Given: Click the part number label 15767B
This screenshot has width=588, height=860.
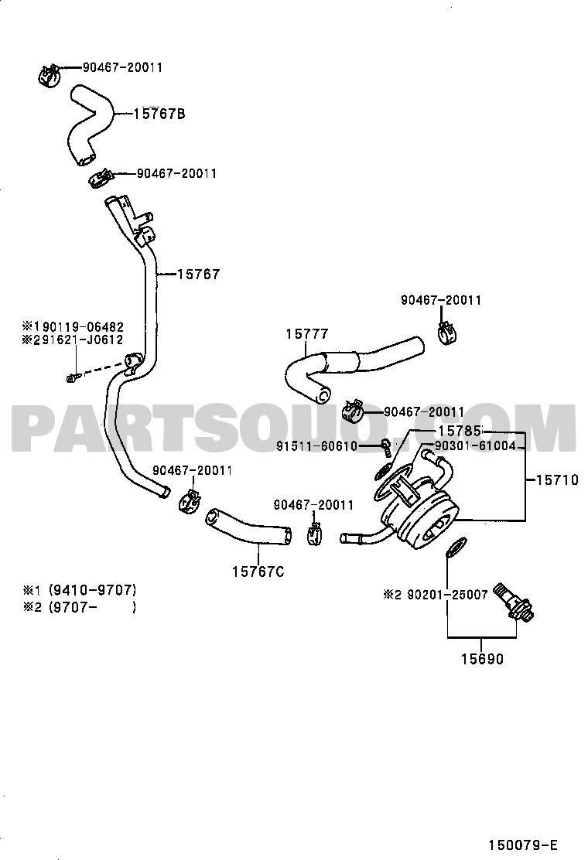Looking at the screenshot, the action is tap(159, 114).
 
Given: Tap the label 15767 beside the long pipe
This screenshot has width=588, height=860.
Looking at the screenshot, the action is tap(199, 274).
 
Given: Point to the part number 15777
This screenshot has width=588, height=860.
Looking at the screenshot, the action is tap(306, 333).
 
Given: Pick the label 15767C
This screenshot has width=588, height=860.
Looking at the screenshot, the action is tap(258, 572).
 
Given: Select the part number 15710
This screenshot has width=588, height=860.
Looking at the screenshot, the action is tap(557, 480).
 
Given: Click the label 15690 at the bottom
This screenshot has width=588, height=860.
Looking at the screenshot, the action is tap(481, 659).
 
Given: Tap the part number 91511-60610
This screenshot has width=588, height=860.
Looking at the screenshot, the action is tap(316, 446).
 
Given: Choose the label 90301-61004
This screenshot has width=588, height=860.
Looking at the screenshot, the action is tap(475, 446).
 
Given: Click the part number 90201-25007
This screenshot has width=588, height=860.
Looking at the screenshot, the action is tap(447, 595).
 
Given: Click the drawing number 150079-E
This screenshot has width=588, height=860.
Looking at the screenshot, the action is tap(523, 844).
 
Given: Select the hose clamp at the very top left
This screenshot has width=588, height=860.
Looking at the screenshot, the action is tap(50, 74).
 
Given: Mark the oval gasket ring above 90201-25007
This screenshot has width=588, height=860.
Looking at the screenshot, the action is tap(455, 546).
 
